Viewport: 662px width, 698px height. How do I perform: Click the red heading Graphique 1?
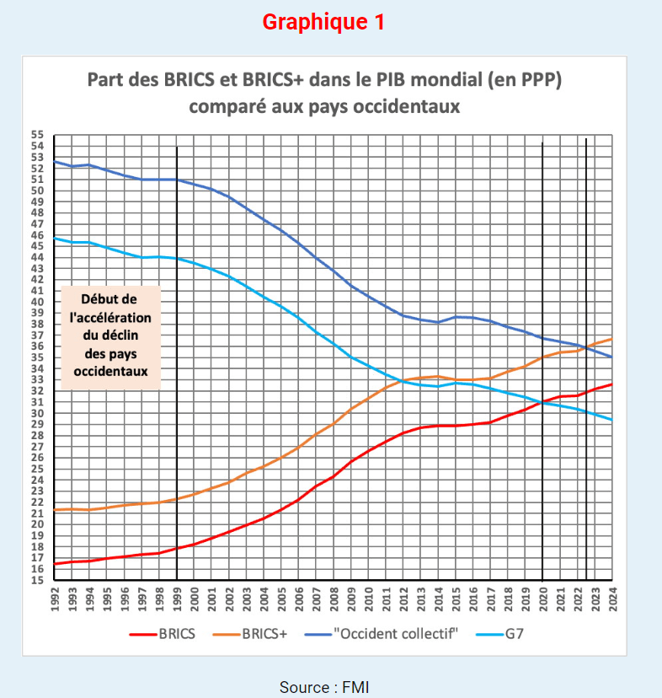[x=323, y=23]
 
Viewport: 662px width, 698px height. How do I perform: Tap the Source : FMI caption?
[x=324, y=687]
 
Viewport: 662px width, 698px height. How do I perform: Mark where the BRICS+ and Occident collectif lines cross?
[x=585, y=347]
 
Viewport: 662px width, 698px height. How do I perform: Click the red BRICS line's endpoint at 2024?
[x=612, y=384]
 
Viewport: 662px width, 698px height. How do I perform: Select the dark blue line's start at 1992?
[x=54, y=161]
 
